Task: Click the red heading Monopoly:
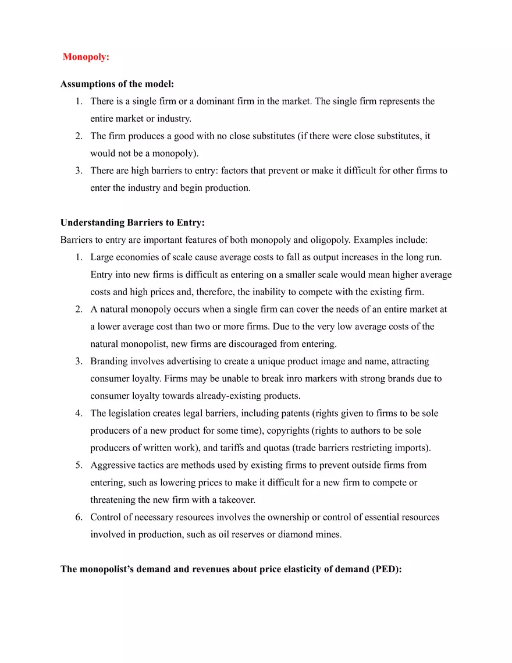(x=86, y=57)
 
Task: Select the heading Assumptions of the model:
(x=117, y=84)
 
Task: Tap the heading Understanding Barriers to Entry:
(x=133, y=222)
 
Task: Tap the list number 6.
(x=78, y=517)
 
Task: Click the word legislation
(x=130, y=413)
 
